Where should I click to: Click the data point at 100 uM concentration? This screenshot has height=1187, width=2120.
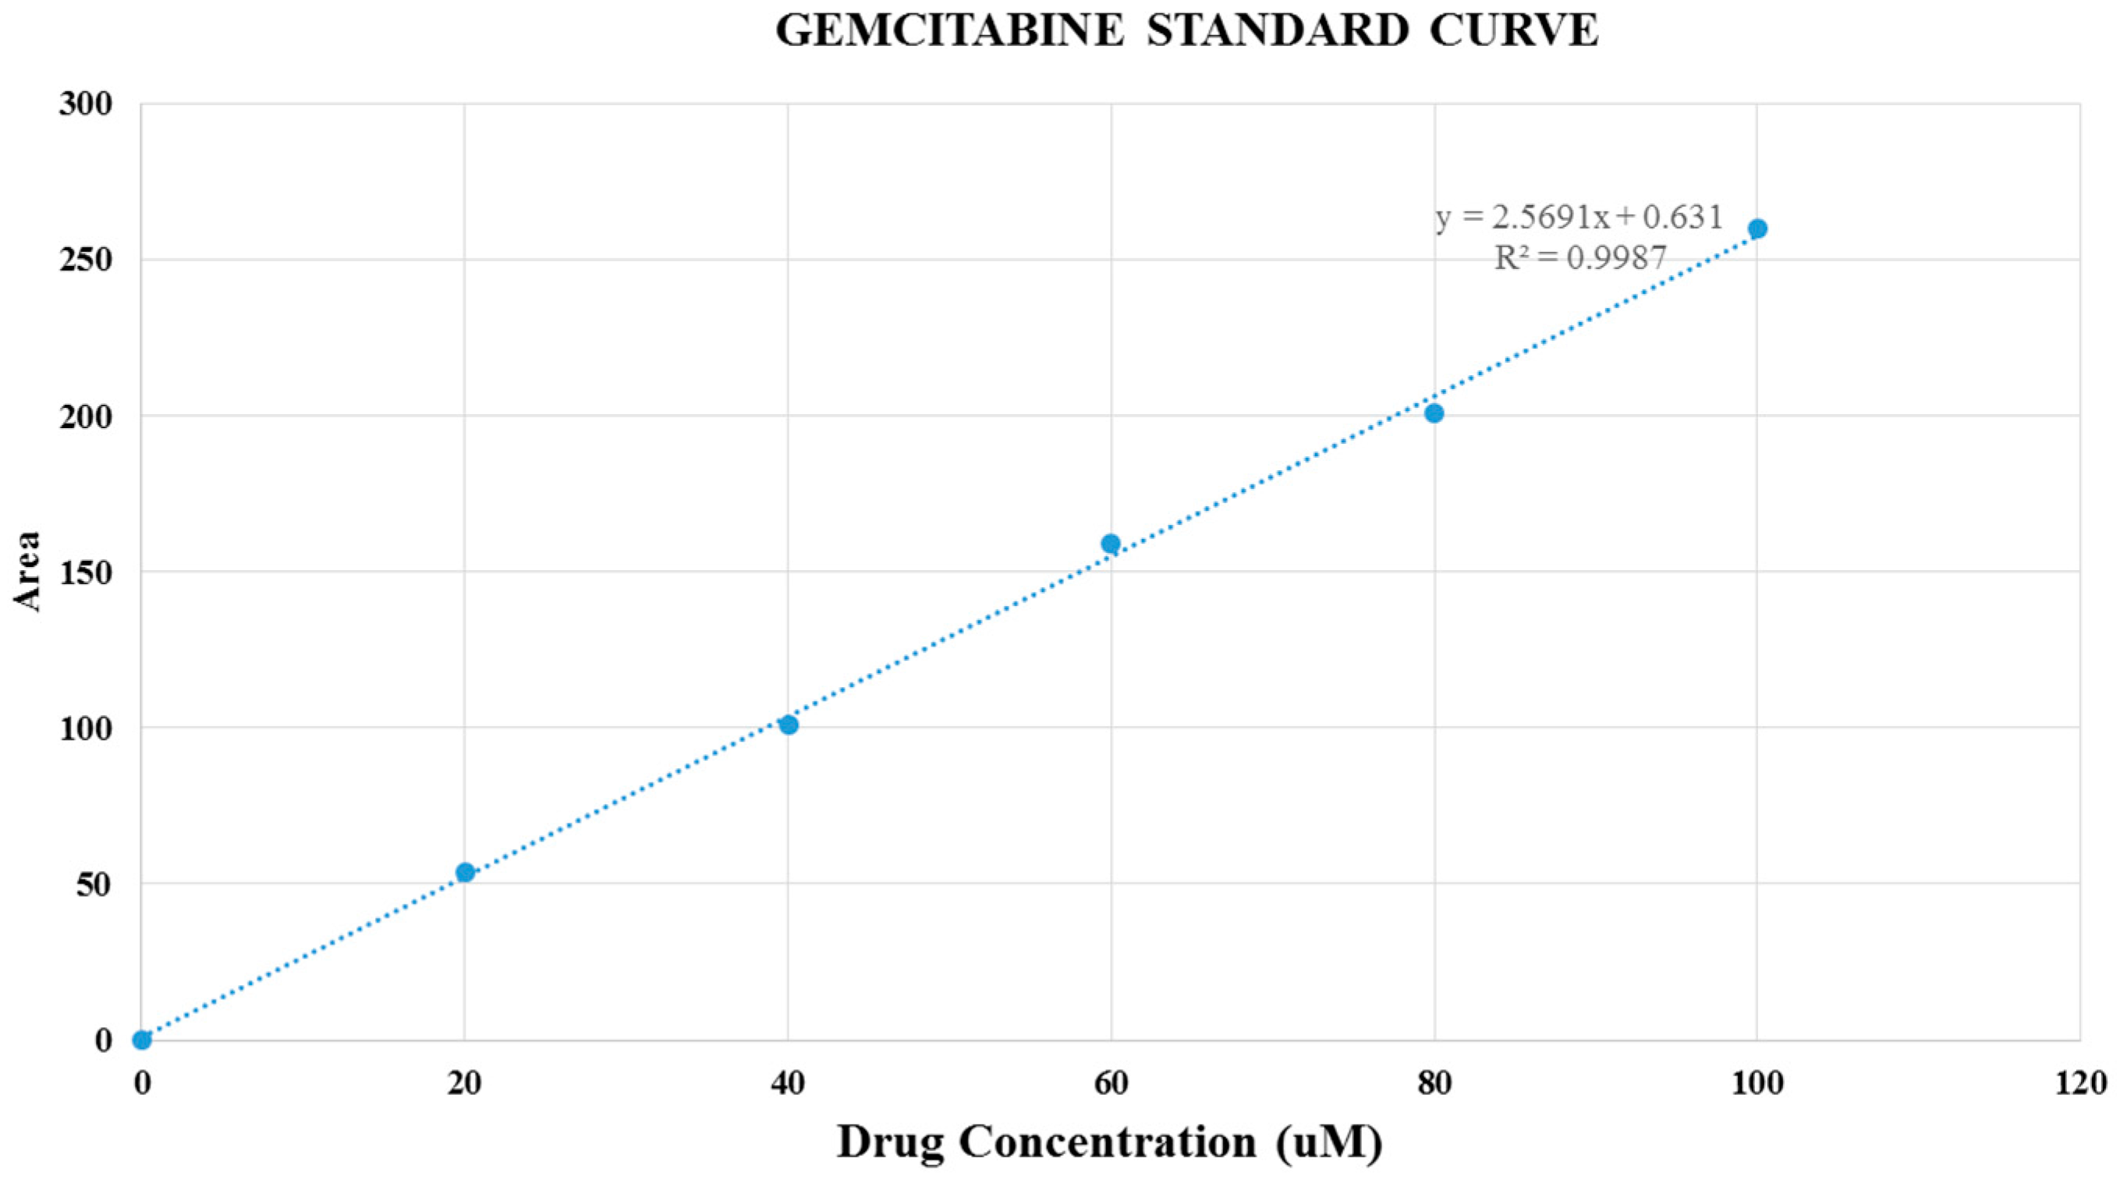point(1757,229)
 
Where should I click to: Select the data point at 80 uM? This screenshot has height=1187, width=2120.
point(1434,413)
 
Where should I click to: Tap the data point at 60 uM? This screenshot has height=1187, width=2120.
point(1110,544)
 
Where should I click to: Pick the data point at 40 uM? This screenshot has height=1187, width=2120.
point(789,725)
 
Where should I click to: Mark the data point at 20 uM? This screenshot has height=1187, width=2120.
point(465,873)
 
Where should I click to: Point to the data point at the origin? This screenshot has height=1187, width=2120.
point(141,1040)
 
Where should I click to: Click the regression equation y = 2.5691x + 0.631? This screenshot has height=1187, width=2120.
point(1579,218)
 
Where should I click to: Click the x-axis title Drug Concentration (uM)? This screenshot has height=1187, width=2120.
point(1109,1143)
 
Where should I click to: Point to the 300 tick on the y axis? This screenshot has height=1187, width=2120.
point(86,105)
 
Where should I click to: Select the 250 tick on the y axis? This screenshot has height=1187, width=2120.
point(86,261)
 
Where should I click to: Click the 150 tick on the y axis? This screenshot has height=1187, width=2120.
point(86,573)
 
